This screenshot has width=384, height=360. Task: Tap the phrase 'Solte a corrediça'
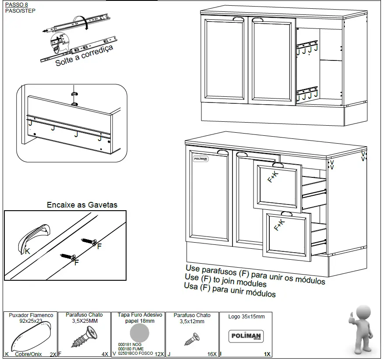click(x=84, y=56)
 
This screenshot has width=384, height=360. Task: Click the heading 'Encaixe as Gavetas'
click(x=82, y=205)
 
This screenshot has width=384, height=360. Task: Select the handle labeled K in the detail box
click(x=34, y=238)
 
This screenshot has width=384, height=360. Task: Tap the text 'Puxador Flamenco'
click(x=31, y=315)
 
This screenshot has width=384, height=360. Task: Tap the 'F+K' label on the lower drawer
click(x=279, y=225)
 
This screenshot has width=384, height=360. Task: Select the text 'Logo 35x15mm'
click(x=246, y=317)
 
